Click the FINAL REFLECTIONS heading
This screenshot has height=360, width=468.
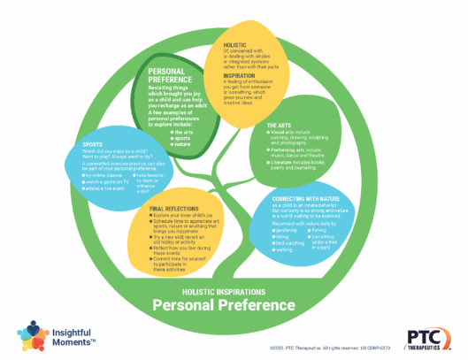177,208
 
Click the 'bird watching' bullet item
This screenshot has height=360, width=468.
293,243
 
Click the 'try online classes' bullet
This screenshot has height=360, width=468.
104,175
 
